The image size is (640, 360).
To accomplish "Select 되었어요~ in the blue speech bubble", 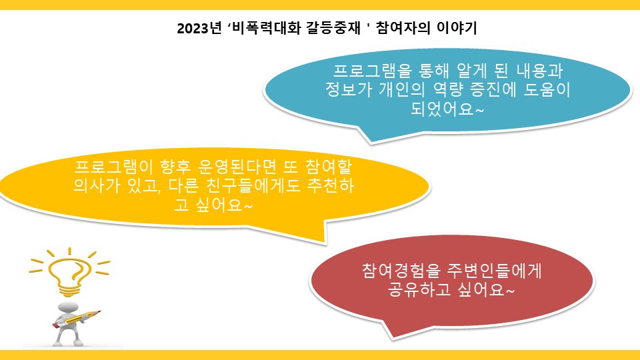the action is pos(447,109).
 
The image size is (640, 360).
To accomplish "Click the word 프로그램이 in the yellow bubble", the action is pos(114,167).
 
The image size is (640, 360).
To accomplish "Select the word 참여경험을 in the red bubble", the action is pos(401,271).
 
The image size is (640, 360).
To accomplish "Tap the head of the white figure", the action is pos(69,307).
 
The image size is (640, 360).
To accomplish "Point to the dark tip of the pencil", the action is pos(99,312).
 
